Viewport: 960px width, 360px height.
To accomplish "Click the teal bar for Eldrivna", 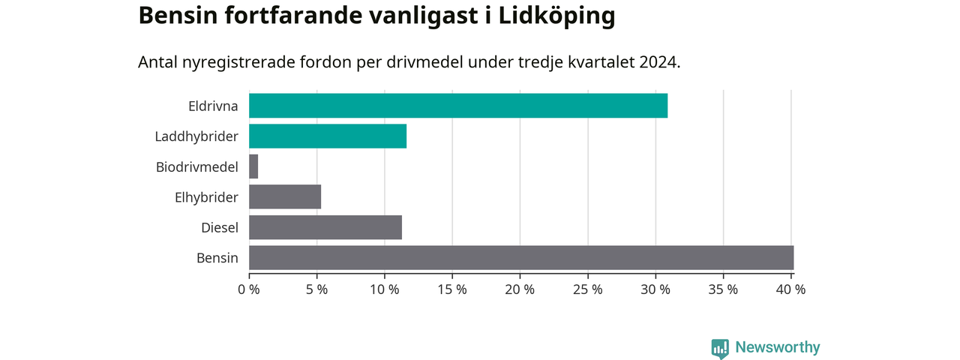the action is [x=458, y=106].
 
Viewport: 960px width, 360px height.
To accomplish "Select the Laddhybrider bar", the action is [x=328, y=136].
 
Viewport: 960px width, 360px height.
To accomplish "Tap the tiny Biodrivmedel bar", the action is [x=253, y=166].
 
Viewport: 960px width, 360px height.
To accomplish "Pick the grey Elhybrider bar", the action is [x=285, y=197].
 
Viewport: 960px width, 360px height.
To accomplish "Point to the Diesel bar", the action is [x=325, y=227].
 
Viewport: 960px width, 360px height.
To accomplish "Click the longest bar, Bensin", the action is [x=521, y=258].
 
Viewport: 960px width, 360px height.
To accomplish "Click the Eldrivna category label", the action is [x=213, y=106].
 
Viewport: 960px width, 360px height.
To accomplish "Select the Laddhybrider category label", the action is [x=196, y=136].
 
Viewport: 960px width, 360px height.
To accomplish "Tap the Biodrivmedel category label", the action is [x=196, y=167].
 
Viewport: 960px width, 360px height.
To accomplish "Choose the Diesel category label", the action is [x=220, y=228].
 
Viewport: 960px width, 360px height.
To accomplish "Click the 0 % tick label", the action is [x=249, y=289].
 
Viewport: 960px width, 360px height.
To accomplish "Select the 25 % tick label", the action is [x=587, y=289].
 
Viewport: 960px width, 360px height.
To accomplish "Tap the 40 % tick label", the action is [x=790, y=289].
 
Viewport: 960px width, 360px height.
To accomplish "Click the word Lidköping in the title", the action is [x=556, y=16].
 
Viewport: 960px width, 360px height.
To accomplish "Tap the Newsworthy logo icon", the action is [x=720, y=349].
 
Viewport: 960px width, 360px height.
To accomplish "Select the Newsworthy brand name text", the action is [x=778, y=347].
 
